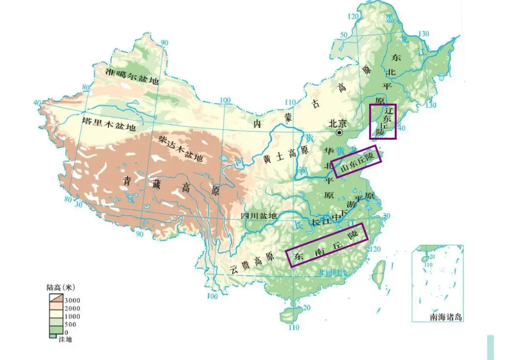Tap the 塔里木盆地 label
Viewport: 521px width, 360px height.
pos(109,124)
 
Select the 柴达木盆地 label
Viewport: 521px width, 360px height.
pos(180,148)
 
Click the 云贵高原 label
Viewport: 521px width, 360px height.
pos(251,263)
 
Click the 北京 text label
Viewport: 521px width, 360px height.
pos(337,123)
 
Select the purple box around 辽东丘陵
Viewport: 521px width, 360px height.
pos(383,121)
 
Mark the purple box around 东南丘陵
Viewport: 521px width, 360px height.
pos(326,244)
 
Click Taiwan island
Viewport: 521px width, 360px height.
pos(379,273)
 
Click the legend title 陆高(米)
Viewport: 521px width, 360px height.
pos(61,288)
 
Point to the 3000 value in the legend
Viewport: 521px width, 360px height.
pos(72,300)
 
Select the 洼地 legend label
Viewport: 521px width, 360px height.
pos(65,339)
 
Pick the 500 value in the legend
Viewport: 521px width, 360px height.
pos(71,324)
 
